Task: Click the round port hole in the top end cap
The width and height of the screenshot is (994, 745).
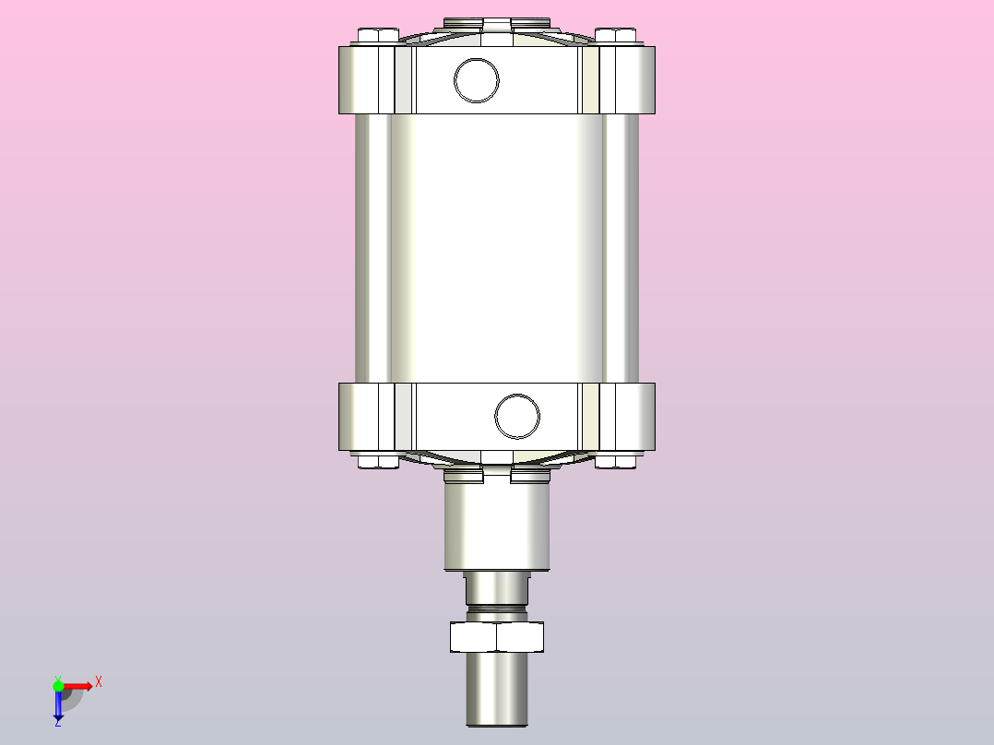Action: pos(477,79)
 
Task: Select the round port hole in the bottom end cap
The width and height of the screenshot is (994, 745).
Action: pos(517,416)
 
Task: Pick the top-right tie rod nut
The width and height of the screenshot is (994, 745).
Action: pos(616,36)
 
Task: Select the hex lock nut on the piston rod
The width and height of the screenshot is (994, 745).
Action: pos(497,637)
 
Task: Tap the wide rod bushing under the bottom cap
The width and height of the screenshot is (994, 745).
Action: pos(497,526)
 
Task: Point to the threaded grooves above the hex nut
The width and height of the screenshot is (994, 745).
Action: pos(497,609)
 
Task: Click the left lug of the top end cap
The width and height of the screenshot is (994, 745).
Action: pos(366,79)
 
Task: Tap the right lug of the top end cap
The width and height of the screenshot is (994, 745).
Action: pos(628,79)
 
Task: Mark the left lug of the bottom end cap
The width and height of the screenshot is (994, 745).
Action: pos(366,417)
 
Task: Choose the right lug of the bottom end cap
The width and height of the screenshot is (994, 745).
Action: pos(628,417)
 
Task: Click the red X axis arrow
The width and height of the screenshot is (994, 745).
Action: pos(78,686)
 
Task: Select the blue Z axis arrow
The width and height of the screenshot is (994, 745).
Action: pos(58,705)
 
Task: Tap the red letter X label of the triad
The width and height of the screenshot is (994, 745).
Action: pos(99,682)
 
